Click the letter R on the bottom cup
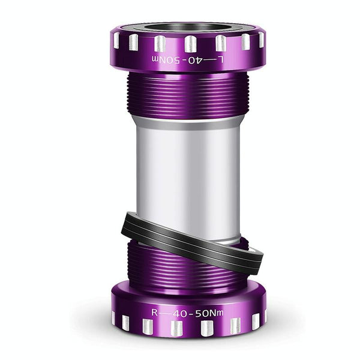(x=155, y=312)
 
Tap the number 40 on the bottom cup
(x=180, y=313)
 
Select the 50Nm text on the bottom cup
(x=209, y=313)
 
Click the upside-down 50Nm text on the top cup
(x=166, y=60)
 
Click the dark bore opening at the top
(x=188, y=27)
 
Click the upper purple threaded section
(x=188, y=94)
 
